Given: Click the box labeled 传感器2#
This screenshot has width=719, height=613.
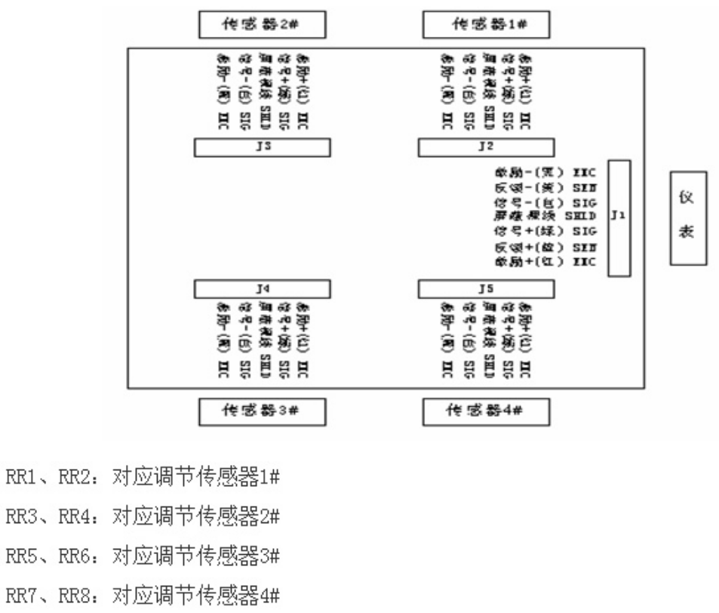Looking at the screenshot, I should pyautogui.click(x=262, y=24).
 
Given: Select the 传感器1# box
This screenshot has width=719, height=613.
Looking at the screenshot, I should pyautogui.click(x=486, y=24).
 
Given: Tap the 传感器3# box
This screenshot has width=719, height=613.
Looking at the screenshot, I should pyautogui.click(x=262, y=412).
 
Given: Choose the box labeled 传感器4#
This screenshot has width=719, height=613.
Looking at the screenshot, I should pyautogui.click(x=486, y=412).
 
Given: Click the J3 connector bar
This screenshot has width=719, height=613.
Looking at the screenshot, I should pyautogui.click(x=262, y=147).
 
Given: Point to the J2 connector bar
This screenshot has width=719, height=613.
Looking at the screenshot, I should pyautogui.click(x=487, y=147).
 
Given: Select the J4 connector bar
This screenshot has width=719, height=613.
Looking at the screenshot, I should pyautogui.click(x=262, y=288).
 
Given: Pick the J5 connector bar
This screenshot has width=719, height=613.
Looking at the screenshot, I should pyautogui.click(x=487, y=288).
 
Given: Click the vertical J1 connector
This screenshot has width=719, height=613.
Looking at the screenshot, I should pyautogui.click(x=619, y=217).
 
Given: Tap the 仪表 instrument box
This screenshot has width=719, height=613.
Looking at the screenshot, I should pyautogui.click(x=687, y=217).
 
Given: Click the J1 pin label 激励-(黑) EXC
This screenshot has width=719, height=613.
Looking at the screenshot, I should pyautogui.click(x=545, y=173).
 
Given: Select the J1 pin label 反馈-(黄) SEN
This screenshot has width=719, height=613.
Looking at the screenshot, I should pyautogui.click(x=545, y=187).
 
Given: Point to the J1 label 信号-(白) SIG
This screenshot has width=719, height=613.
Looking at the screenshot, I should pyautogui.click(x=545, y=202).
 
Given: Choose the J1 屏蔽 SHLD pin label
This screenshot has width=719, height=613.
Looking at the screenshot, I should pyautogui.click(x=545, y=216).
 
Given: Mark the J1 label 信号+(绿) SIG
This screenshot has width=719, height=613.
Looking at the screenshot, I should pyautogui.click(x=545, y=230).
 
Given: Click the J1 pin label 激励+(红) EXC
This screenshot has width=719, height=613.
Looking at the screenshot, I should pyautogui.click(x=545, y=261).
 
